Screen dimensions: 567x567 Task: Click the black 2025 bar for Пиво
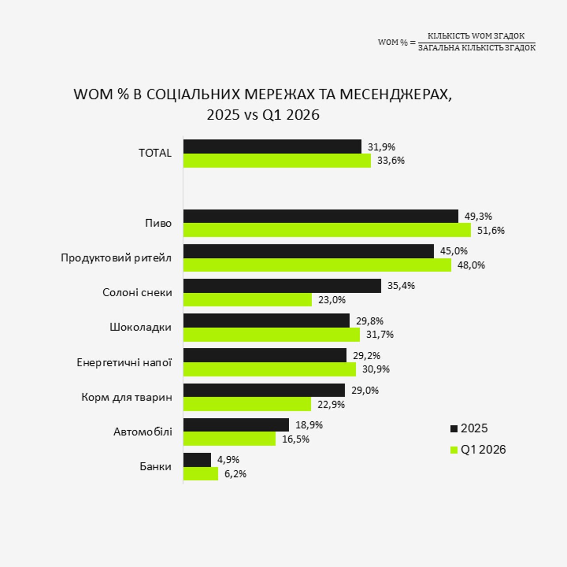[x=321, y=216]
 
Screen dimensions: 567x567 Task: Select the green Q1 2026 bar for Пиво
[x=327, y=230]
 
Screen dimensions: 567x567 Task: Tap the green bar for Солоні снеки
[x=248, y=299]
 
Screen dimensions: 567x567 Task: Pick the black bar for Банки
[x=197, y=460]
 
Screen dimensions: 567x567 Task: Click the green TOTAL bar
[x=277, y=161]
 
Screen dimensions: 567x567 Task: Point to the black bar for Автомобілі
[x=236, y=425]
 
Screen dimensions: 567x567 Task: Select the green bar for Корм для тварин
[x=247, y=404]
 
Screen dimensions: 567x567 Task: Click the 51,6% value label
[x=491, y=230]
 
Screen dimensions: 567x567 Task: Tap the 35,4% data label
[x=401, y=286]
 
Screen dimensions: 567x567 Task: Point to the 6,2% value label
[x=235, y=474]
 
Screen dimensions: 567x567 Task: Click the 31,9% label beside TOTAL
[x=381, y=147]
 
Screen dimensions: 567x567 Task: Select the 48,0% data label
[x=471, y=265]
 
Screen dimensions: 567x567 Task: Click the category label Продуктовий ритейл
[x=116, y=258]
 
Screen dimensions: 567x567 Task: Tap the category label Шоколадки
[x=141, y=327]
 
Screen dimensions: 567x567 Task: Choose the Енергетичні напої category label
[x=124, y=362]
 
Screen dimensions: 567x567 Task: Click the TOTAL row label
[x=155, y=153]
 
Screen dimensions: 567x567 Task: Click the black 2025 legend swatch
[x=454, y=429]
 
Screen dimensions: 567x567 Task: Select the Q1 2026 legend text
[x=483, y=450]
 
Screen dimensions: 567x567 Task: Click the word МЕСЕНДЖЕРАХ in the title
[x=395, y=95]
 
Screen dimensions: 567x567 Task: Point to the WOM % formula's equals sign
[x=413, y=43]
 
